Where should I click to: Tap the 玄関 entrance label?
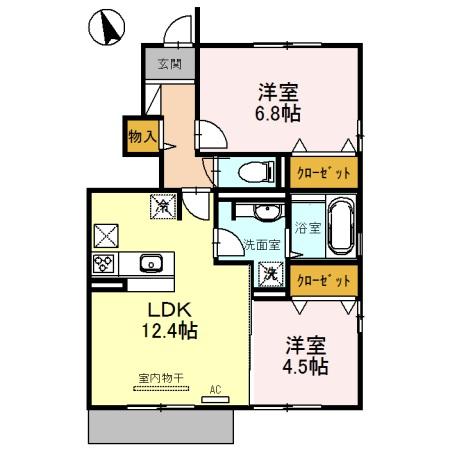[x=167, y=66]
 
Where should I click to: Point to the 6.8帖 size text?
[x=277, y=113]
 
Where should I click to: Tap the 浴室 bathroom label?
[x=307, y=228]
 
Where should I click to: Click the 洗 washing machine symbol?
[x=270, y=273]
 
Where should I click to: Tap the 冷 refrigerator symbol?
[x=162, y=206]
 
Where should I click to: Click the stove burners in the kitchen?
[x=104, y=264]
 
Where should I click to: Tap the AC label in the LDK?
[x=214, y=388]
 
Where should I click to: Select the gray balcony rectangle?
[x=161, y=427]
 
